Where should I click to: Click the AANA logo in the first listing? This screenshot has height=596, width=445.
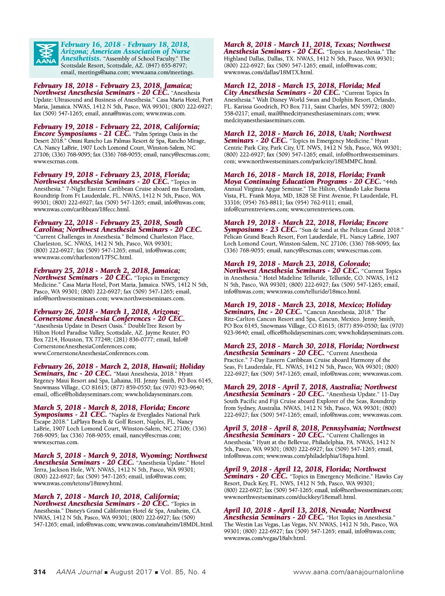[x=46, y=54]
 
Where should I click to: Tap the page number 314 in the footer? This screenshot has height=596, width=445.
[x=40, y=572]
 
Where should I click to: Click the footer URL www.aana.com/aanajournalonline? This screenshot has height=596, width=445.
[x=348, y=572]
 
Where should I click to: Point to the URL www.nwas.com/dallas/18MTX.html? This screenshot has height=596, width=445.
[x=269, y=73]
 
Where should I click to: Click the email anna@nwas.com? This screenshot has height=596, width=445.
[x=123, y=114]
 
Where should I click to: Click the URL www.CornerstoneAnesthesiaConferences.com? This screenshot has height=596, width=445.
[x=91, y=353]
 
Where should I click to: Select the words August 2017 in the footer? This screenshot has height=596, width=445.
[x=131, y=572]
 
